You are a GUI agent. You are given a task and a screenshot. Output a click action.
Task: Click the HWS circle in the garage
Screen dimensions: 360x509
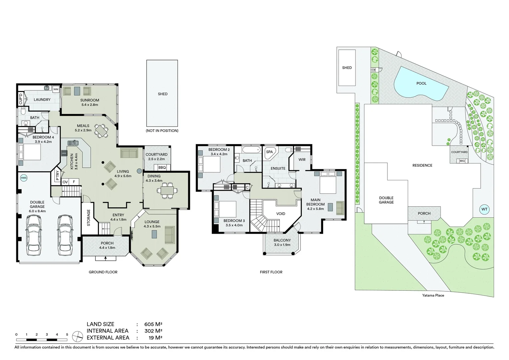pyautogui.click(x=24, y=178)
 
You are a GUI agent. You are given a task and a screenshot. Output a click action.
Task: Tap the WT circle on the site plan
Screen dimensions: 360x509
pyautogui.click(x=484, y=209)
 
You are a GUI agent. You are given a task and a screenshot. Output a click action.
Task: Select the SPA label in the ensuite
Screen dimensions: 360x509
pyautogui.click(x=269, y=152)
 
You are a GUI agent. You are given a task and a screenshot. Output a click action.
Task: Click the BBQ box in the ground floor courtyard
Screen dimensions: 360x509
pyautogui.click(x=162, y=168)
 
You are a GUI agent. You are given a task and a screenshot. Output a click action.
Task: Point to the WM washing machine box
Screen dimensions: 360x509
pyautogui.click(x=56, y=89)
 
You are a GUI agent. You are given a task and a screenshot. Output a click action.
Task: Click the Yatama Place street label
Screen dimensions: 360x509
pyautogui.click(x=433, y=295)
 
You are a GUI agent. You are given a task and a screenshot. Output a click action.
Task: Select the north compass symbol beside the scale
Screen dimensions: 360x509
pyautogui.click(x=77, y=336)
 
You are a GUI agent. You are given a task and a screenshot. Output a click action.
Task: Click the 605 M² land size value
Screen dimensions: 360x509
pyautogui.click(x=153, y=324)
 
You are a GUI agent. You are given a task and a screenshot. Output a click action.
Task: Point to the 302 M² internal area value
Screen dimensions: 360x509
pyautogui.click(x=153, y=331)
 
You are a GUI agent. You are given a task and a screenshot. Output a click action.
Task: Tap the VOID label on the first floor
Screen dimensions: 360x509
pyautogui.click(x=280, y=214)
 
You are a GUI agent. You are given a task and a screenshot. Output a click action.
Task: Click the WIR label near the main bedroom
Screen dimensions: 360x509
pyautogui.click(x=302, y=160)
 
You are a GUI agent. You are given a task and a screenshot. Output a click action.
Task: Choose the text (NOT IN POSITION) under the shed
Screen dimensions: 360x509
pyautogui.click(x=162, y=131)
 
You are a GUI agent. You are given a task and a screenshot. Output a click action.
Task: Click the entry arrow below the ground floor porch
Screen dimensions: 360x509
pyautogui.click(x=106, y=258)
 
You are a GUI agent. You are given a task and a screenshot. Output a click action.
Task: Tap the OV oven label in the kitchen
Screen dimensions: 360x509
pyautogui.click(x=65, y=182)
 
